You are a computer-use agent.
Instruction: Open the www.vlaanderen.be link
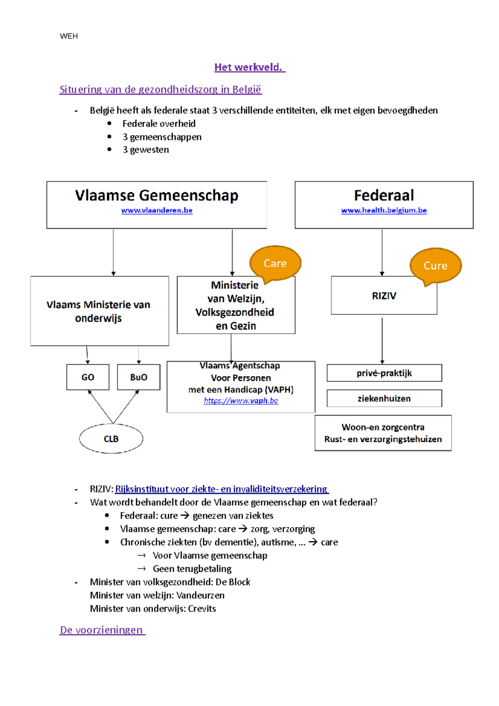[157, 210]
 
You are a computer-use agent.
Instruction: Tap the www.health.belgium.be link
[384, 210]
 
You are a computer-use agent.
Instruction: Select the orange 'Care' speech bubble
[275, 264]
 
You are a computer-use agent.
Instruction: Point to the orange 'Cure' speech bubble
[435, 266]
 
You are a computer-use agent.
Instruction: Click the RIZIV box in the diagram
[384, 296]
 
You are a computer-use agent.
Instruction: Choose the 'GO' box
[88, 377]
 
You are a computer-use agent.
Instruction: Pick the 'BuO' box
[138, 377]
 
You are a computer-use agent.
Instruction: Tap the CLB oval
[111, 439]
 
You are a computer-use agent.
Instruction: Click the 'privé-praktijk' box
[384, 373]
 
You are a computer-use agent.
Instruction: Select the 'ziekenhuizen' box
[384, 398]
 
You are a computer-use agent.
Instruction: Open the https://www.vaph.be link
[241, 401]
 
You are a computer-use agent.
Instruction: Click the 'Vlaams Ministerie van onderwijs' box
[99, 311]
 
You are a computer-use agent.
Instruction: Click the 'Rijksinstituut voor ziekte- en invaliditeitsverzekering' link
[221, 489]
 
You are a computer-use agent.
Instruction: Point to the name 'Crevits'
[202, 609]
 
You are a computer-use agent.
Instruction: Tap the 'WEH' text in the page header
[69, 36]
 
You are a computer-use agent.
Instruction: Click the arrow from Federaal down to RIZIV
[382, 252]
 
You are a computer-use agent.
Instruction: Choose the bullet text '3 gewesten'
[146, 150]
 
